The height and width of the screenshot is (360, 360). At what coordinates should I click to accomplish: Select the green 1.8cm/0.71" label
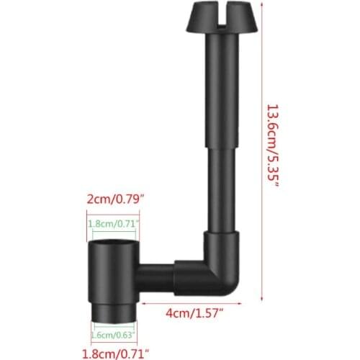click(x=113, y=224)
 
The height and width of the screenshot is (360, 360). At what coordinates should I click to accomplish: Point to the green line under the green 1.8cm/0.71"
click(x=113, y=233)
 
